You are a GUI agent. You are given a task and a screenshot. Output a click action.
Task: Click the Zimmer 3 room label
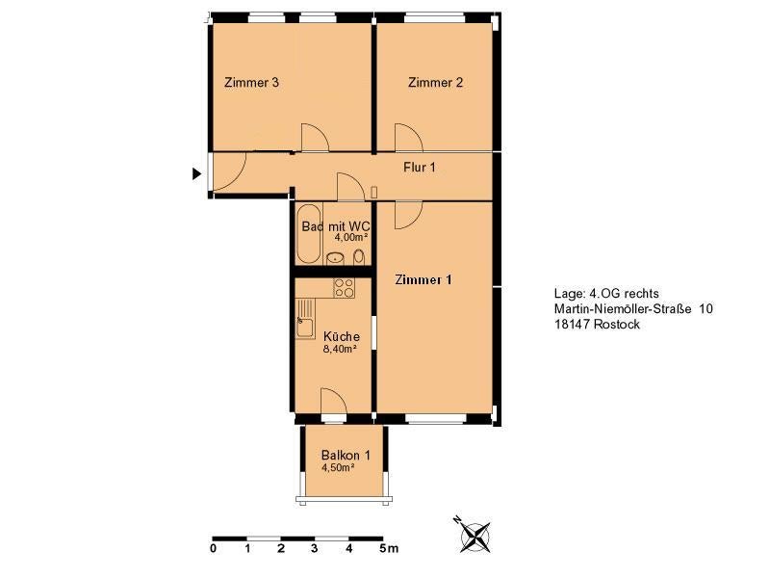pos(251,82)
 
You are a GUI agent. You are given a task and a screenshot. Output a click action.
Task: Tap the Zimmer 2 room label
pos(435,82)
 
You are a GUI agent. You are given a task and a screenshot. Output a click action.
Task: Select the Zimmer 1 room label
pos(423,279)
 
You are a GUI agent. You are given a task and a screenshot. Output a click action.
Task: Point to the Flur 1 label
pos(420,167)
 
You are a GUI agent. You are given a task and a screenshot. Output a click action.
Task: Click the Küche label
pos(342,336)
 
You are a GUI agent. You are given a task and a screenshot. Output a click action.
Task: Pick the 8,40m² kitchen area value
pos(340,350)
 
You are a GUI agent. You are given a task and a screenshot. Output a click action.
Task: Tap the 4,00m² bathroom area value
pos(351,237)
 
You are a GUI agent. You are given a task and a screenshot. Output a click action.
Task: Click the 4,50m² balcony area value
pos(339,468)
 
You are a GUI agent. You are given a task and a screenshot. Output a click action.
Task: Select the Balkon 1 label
pos(346,455)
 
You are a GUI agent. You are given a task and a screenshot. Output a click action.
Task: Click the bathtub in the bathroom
pos(308,234)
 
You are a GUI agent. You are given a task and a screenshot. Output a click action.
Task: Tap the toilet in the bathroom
pos(359,257)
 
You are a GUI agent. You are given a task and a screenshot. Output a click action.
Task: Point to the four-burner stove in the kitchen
pos(344,288)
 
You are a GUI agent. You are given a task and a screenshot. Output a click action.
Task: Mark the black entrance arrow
pos(196,173)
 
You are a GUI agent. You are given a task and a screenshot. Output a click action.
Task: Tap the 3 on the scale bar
pos(315,548)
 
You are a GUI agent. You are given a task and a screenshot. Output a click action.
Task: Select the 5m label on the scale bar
pos(389,548)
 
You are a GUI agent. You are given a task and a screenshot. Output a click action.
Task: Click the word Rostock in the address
pos(616,325)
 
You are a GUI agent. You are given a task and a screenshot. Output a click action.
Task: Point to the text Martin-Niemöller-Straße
pos(623,308)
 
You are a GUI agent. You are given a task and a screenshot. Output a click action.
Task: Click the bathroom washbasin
pos(336,257)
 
